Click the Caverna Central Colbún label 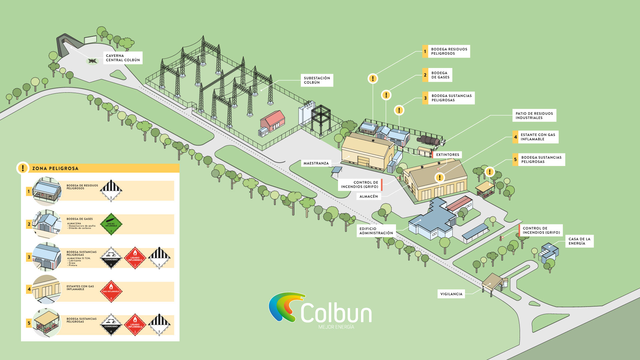pyautogui.click(x=123, y=58)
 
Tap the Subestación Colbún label pyautogui.click(x=317, y=80)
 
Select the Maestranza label pyautogui.click(x=316, y=163)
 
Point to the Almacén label pyautogui.click(x=369, y=197)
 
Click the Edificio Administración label pyautogui.click(x=376, y=231)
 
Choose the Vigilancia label pyautogui.click(x=451, y=294)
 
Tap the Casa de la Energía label pyautogui.click(x=579, y=241)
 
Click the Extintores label pyautogui.click(x=447, y=155)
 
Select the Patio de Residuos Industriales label pyautogui.click(x=534, y=116)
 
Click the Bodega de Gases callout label pyautogui.click(x=440, y=75)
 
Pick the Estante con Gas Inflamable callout pyautogui.click(x=538, y=137)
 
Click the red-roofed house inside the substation pyautogui.click(x=273, y=121)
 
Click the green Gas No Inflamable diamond pyautogui.click(x=111, y=224)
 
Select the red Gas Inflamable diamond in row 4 pyautogui.click(x=111, y=291)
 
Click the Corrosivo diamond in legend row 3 pyautogui.click(x=111, y=258)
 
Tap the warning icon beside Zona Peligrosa pyautogui.click(x=23, y=168)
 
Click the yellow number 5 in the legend pyautogui.click(x=29, y=323)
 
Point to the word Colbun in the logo pyautogui.click(x=336, y=313)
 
